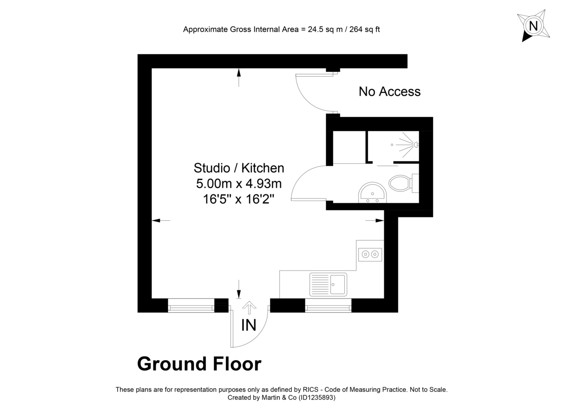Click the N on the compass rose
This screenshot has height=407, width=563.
(x=533, y=25)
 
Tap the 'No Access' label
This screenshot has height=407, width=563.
(x=389, y=92)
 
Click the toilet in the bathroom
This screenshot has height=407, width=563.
(x=400, y=183)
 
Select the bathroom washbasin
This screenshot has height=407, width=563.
(x=373, y=193)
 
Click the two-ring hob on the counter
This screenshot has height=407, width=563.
(x=370, y=254)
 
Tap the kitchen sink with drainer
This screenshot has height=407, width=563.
(x=328, y=284)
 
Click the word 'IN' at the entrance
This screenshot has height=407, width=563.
(x=249, y=325)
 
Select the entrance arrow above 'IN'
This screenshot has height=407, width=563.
(x=249, y=308)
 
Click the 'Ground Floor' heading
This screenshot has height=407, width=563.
(x=199, y=364)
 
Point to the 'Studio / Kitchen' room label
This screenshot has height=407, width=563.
(x=239, y=168)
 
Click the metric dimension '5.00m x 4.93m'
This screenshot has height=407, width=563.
(x=239, y=183)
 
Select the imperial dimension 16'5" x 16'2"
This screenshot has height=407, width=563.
(x=239, y=199)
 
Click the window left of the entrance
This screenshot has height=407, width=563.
(x=191, y=307)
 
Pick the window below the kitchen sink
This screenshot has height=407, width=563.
(x=328, y=307)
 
